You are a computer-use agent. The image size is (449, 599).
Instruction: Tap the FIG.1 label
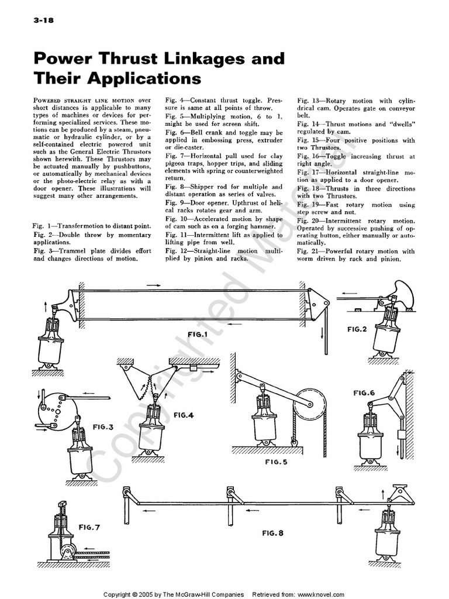pos(198,335)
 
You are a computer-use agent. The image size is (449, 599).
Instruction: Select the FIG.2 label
pos(357,329)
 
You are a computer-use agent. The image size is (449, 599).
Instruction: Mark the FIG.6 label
pos(364,393)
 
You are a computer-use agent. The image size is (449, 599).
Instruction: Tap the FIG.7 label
pos(89,527)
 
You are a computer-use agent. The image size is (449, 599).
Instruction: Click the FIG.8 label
pos(272,533)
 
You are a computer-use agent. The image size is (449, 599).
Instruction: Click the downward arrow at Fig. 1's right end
pos(323,338)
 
